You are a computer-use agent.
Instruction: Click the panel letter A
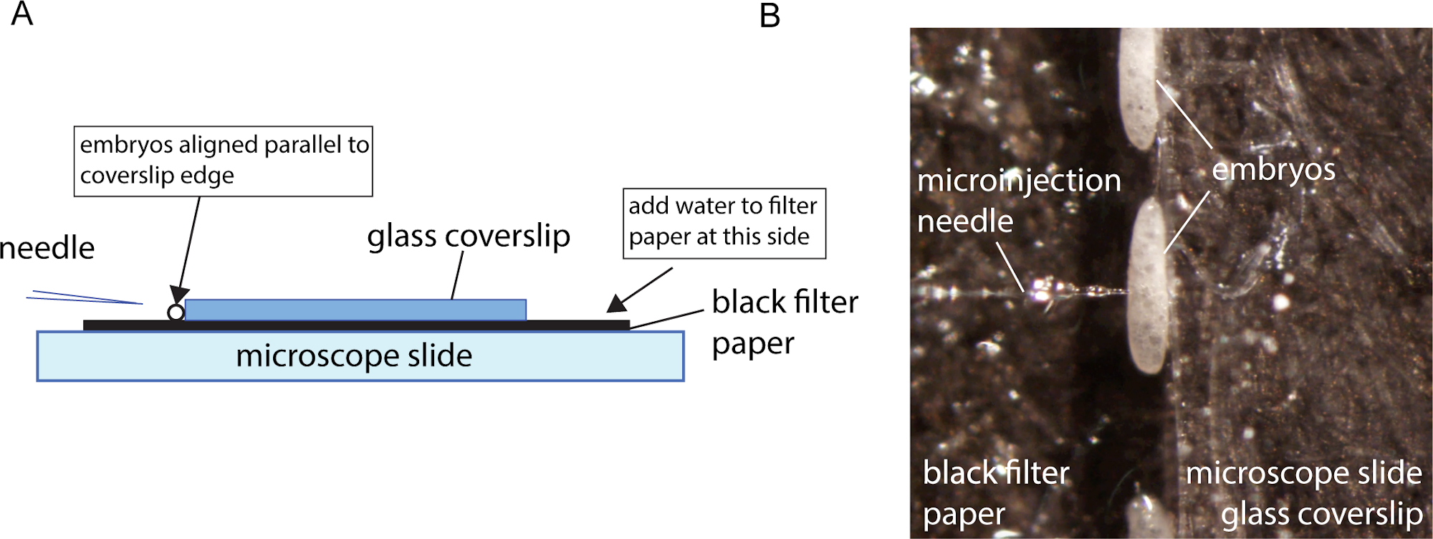coord(22,14)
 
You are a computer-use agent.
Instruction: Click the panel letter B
coord(770,16)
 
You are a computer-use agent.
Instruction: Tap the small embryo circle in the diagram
coord(176,313)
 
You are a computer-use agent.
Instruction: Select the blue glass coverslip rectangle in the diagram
coord(355,310)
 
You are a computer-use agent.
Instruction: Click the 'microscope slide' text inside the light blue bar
coord(354,356)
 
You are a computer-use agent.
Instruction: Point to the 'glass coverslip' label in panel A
coord(469,236)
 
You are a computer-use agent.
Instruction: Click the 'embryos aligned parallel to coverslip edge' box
coord(223,161)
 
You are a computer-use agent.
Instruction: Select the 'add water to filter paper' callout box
coord(724,223)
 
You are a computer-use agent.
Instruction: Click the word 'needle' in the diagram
coord(47,248)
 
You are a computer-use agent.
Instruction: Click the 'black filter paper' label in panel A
coord(784,322)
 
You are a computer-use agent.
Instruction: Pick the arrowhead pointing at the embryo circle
coord(179,294)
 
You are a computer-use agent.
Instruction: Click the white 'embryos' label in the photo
coord(1273,170)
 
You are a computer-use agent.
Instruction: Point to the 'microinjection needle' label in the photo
coord(1017,201)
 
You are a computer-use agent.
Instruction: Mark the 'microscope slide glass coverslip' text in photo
coord(1304,493)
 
